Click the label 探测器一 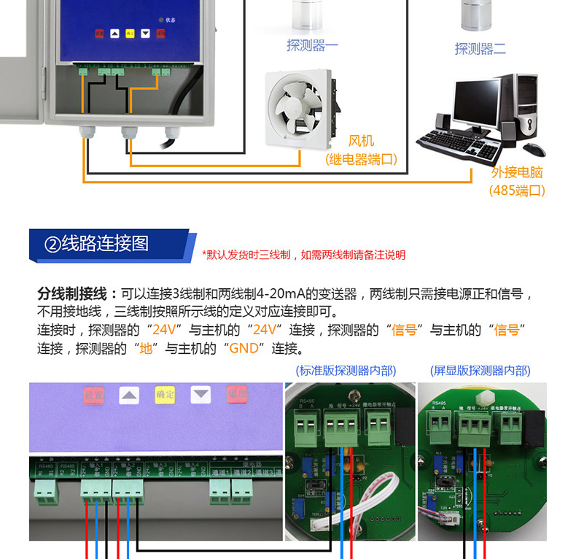(312, 46)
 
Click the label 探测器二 (480, 49)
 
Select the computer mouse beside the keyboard (534, 149)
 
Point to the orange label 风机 (362, 141)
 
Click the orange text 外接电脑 (517, 173)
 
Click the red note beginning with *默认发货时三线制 (303, 255)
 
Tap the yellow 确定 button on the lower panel (165, 395)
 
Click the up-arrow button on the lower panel (129, 396)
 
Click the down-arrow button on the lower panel (201, 395)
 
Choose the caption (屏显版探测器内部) (480, 370)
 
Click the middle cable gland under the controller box (129, 133)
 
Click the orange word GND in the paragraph (244, 348)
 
